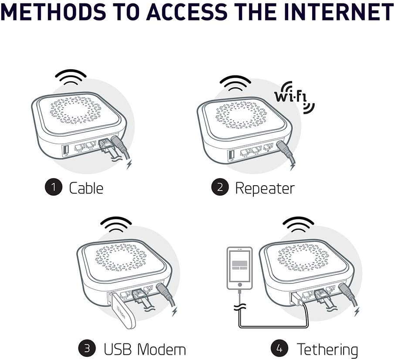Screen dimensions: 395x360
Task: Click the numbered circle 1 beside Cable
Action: tap(53, 187)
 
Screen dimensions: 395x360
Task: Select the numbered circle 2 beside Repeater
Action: tap(220, 187)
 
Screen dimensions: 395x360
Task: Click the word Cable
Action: tap(86, 188)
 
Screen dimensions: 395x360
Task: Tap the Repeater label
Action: tap(265, 188)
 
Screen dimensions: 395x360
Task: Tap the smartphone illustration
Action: tap(239, 268)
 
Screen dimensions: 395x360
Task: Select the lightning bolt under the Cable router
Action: tap(129, 164)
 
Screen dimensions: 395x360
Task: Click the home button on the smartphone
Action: tap(239, 285)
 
